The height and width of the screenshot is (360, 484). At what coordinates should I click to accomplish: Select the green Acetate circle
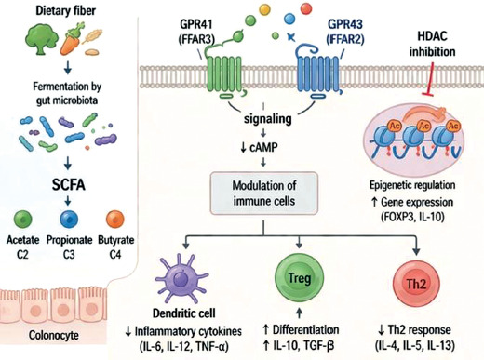[23, 219]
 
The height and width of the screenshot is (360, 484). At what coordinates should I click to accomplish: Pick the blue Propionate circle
[69, 219]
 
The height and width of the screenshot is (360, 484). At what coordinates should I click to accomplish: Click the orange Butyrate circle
[115, 219]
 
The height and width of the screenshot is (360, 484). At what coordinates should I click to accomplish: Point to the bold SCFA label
[68, 185]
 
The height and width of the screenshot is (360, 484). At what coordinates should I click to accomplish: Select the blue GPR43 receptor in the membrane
[319, 73]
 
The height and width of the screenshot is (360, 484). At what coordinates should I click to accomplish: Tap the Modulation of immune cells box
[264, 193]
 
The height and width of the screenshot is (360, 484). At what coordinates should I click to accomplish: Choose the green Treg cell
[300, 278]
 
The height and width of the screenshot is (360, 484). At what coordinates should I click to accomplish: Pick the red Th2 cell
[416, 284]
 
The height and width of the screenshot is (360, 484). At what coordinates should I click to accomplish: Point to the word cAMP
[263, 148]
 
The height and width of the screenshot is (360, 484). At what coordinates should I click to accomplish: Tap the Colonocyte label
[54, 335]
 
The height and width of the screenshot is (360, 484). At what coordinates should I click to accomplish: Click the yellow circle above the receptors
[265, 9]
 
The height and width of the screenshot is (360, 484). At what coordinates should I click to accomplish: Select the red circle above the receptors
[306, 8]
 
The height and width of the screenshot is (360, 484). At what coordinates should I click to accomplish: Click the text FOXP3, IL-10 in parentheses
[412, 217]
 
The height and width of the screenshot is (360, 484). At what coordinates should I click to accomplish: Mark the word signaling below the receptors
[268, 119]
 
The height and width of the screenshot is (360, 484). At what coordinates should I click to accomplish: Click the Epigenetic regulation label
[412, 185]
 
